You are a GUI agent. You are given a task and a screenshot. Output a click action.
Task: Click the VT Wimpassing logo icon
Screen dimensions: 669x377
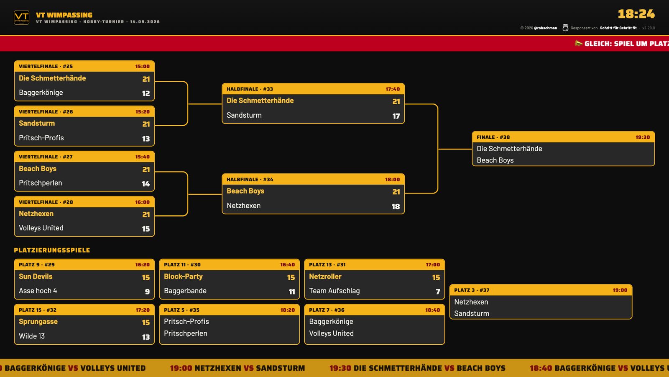(21, 17)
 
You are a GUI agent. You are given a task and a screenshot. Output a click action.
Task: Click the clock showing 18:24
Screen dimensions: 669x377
(636, 14)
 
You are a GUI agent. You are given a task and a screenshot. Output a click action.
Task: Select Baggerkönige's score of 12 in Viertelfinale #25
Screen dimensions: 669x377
(146, 93)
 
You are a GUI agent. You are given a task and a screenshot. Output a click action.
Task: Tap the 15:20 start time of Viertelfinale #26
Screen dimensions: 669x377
(142, 111)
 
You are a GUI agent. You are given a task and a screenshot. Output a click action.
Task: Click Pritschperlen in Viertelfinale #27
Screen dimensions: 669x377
(40, 183)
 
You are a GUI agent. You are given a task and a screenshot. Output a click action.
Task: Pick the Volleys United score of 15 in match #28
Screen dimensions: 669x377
(146, 229)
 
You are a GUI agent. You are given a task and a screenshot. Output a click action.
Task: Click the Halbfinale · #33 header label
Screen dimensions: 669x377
(250, 89)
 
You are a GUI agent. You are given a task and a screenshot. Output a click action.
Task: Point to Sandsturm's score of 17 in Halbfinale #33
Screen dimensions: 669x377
(396, 116)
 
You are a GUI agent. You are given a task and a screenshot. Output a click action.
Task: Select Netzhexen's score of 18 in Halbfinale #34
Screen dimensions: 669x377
(396, 207)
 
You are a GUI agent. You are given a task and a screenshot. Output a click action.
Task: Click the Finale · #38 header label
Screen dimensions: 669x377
(493, 137)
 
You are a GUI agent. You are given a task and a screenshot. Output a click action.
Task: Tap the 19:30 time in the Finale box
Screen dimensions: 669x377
(642, 137)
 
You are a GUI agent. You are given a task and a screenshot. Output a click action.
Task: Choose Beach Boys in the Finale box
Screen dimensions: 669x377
(495, 160)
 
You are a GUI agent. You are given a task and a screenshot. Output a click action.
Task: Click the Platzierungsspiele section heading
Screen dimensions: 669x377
(52, 250)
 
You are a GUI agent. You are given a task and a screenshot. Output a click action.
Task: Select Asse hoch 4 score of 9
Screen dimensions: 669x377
(147, 292)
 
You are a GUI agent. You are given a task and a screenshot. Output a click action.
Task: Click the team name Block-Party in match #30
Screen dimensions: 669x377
(183, 276)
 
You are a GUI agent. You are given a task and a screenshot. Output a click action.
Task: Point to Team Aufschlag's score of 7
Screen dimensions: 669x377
(438, 292)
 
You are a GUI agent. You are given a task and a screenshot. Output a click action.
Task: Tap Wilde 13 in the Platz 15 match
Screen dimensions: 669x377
(32, 336)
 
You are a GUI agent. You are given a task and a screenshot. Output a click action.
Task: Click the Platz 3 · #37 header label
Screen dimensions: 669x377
(472, 290)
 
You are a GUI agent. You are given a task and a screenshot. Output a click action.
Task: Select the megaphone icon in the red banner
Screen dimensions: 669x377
(579, 44)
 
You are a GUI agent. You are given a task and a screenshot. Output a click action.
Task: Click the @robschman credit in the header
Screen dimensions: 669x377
(545, 28)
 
